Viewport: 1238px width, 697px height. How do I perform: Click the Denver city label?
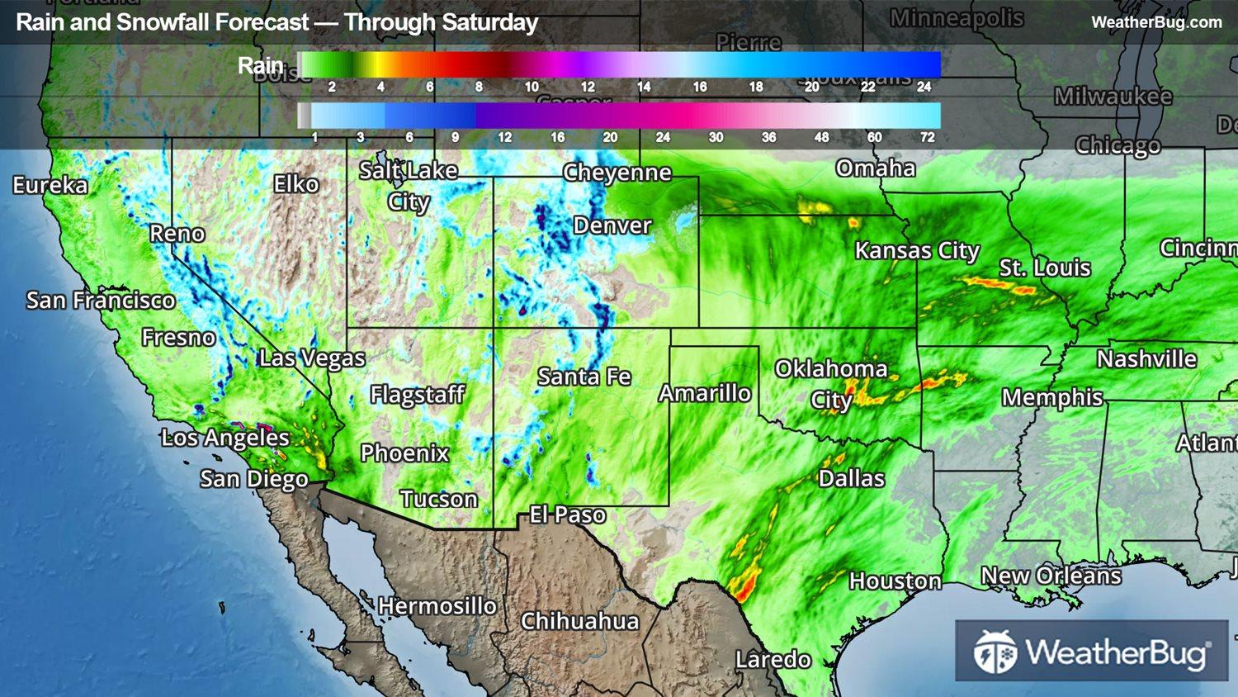click(x=612, y=225)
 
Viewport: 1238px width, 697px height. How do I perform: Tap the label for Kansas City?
click(x=917, y=250)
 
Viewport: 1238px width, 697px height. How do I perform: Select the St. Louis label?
click(x=1045, y=268)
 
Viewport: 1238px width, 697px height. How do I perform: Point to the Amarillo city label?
click(x=705, y=393)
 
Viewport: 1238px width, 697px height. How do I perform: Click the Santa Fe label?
click(x=584, y=377)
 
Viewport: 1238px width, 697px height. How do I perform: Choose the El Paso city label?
click(x=568, y=515)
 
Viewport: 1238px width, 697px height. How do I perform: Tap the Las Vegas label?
click(x=312, y=358)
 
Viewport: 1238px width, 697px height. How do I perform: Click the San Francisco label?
click(x=101, y=301)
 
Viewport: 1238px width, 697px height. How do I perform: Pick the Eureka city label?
click(x=50, y=185)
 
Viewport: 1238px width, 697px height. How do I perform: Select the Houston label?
click(x=895, y=581)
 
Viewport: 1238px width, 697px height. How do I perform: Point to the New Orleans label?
click(x=1051, y=576)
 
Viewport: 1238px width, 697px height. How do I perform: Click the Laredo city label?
click(x=773, y=660)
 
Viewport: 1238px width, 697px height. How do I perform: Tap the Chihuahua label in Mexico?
click(x=580, y=621)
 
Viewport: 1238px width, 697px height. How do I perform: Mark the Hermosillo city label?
click(x=437, y=606)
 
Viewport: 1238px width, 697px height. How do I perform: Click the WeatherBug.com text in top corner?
click(x=1156, y=22)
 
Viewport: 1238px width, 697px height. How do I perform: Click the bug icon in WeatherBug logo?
click(x=995, y=652)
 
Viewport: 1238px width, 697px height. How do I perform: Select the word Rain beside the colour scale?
click(x=260, y=65)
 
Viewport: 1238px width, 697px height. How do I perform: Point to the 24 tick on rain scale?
click(x=924, y=87)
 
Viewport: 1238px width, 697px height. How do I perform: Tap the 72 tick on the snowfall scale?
click(x=928, y=137)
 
